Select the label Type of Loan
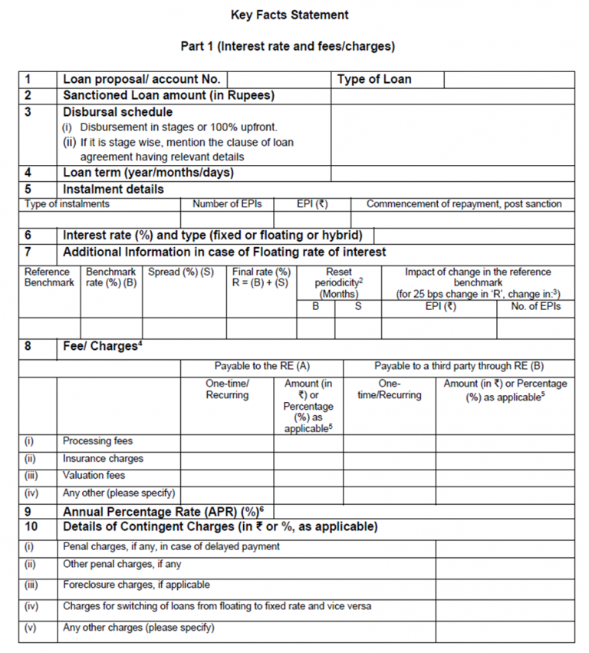373,79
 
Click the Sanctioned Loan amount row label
168,96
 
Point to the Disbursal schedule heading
117,112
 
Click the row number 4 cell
38,173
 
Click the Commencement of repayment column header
463,204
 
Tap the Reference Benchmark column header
48,277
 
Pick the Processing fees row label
97,441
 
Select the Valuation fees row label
94,476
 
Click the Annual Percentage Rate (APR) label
162,511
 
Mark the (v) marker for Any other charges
31,628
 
